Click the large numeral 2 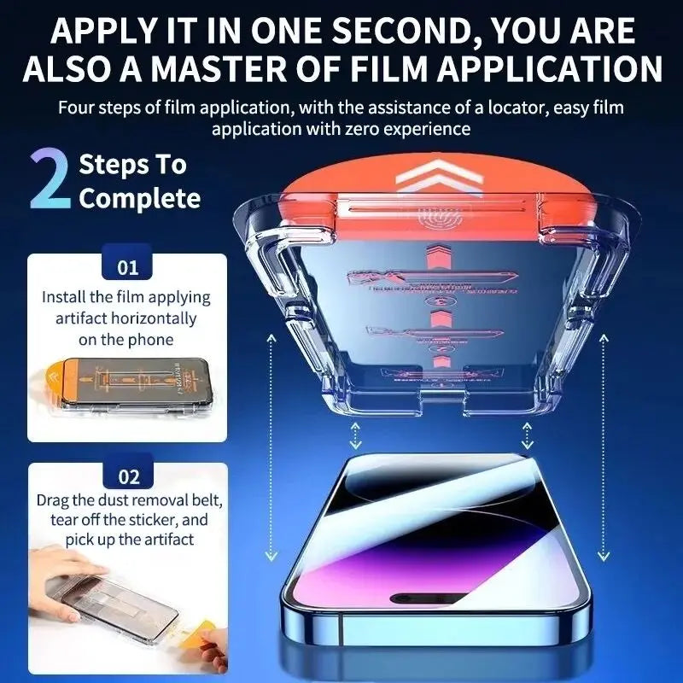pyautogui.click(x=50, y=180)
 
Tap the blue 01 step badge pyautogui.click(x=127, y=267)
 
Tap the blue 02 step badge pyautogui.click(x=127, y=476)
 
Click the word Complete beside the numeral pyautogui.click(x=140, y=199)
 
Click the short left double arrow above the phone pyautogui.click(x=352, y=435)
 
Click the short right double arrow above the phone pyautogui.click(x=527, y=435)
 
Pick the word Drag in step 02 pyautogui.click(x=53, y=499)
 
